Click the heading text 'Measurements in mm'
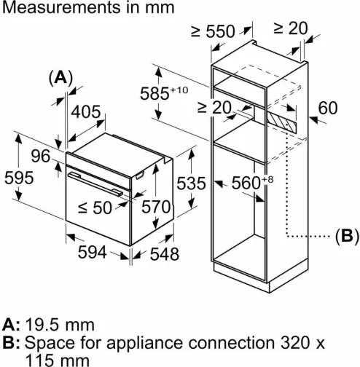tap(87, 9)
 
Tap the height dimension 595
tap(17, 178)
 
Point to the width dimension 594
tap(92, 253)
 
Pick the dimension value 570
tap(154, 207)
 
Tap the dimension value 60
tap(329, 108)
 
